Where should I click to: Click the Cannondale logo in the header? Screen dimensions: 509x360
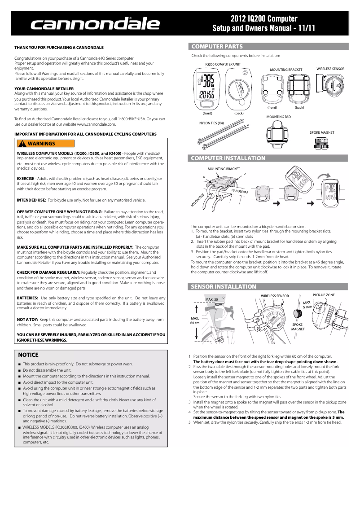pos(95,24)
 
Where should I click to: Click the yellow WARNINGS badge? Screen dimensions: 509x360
pos(45,144)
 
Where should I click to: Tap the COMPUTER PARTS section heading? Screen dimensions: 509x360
pos(217,47)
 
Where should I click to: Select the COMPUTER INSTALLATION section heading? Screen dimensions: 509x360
pos(228,158)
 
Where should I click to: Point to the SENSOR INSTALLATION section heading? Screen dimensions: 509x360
pos(224,286)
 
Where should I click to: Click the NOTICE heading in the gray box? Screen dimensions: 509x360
pos(28,355)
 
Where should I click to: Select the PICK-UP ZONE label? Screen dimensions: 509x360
pos(324,294)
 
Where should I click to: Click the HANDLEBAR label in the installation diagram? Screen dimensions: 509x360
pos(240,192)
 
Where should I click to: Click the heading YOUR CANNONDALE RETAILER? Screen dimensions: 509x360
pos(44,89)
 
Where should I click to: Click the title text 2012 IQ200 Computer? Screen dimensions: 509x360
pos(264,19)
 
